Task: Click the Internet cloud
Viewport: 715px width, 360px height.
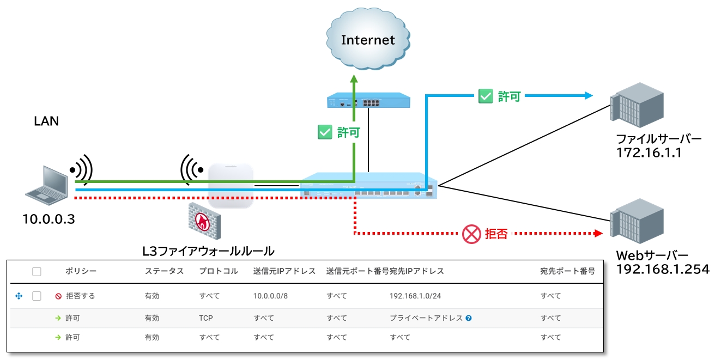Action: [x=367, y=39]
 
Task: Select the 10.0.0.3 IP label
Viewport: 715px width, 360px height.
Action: [x=48, y=219]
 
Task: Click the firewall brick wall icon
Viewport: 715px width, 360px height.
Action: [x=204, y=221]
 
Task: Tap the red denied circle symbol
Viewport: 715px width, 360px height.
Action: [x=470, y=234]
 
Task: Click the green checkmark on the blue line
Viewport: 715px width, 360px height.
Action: [x=485, y=97]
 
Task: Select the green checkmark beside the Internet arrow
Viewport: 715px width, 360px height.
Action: [x=325, y=132]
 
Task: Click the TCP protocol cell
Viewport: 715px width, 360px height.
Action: [x=206, y=318]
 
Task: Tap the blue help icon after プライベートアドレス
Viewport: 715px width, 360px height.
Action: [x=469, y=318]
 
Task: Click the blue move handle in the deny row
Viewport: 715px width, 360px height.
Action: [x=19, y=296]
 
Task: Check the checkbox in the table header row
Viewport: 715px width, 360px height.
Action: [x=37, y=271]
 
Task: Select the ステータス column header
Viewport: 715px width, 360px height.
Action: [x=164, y=271]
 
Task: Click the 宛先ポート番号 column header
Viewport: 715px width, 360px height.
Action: [x=567, y=271]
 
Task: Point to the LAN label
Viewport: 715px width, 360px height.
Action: [x=46, y=121]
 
